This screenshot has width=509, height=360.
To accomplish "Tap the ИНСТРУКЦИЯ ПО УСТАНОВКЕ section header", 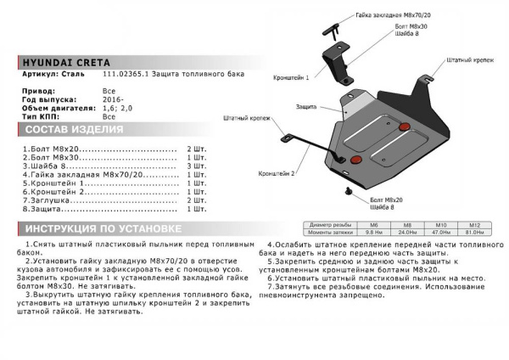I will click(x=100, y=229).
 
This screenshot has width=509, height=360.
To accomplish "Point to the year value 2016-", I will click(x=113, y=98).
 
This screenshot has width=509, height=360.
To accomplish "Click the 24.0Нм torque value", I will click(x=410, y=232).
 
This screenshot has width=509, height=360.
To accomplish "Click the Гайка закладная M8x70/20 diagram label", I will click(x=394, y=15).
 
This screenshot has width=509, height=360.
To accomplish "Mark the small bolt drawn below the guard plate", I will click(x=350, y=194).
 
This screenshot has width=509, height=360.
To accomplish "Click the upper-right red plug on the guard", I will click(x=404, y=127).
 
